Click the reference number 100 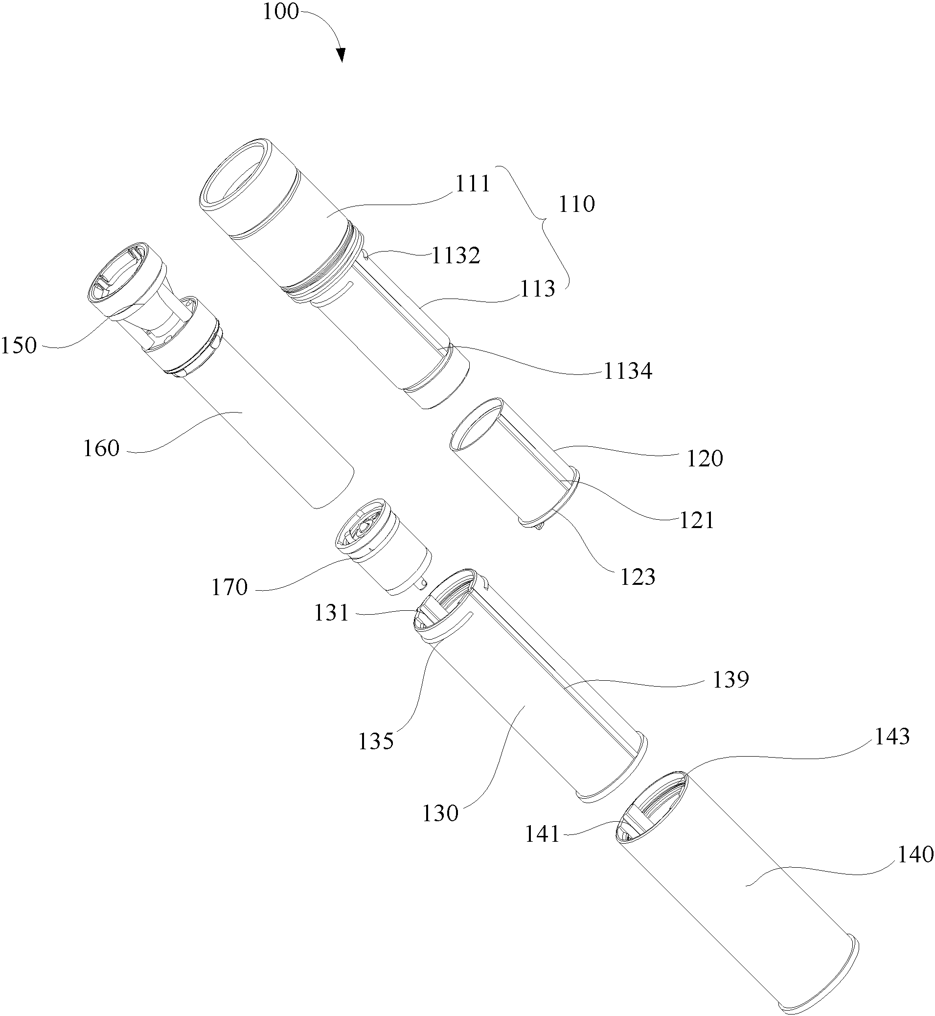pos(281,11)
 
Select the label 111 pos(473,184)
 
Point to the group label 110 pos(577,205)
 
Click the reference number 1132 pos(456,256)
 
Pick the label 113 pos(538,289)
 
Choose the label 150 pos(19,346)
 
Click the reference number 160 pos(101,448)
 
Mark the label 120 pos(705,459)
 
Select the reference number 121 pos(697,520)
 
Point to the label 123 pos(638,577)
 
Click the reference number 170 pos(229,587)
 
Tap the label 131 pos(332,613)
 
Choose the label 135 pos(376,742)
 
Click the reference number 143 pos(892,737)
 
